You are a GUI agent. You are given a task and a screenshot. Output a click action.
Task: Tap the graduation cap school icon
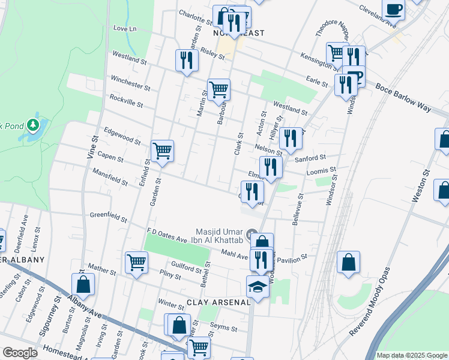(258, 287)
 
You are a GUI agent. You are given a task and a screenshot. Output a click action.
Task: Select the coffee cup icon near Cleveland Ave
(394, 10)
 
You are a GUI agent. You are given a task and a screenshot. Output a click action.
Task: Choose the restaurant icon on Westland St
(187, 60)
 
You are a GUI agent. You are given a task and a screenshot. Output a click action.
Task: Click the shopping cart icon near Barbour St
(219, 89)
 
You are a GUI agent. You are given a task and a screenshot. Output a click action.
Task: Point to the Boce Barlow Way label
(403, 97)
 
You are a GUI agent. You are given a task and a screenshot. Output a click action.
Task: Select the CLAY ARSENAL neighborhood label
(218, 302)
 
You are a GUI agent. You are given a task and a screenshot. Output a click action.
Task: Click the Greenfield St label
(109, 216)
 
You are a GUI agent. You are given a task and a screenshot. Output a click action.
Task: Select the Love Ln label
(125, 28)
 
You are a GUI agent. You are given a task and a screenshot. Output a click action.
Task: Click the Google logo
(20, 353)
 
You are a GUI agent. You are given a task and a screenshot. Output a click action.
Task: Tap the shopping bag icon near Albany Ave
(83, 285)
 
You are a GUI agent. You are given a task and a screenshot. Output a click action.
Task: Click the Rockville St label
(125, 100)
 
